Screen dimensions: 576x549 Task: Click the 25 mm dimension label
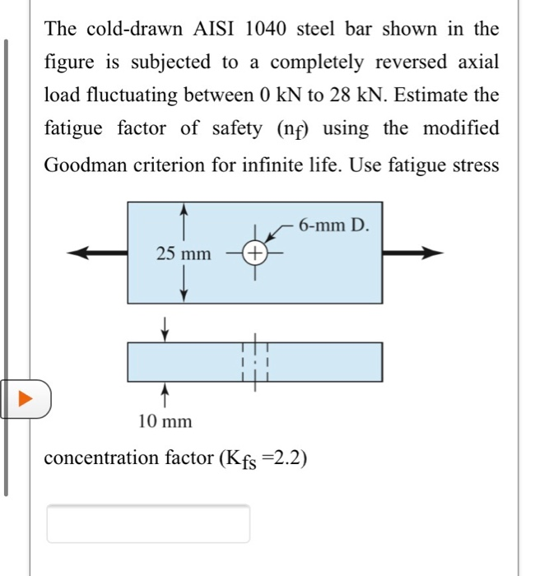[184, 254]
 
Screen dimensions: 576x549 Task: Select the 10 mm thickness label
[165, 421]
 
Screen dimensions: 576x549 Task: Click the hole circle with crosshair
[255, 253]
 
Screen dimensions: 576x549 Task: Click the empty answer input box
[148, 524]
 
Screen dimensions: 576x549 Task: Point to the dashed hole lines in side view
[255, 362]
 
